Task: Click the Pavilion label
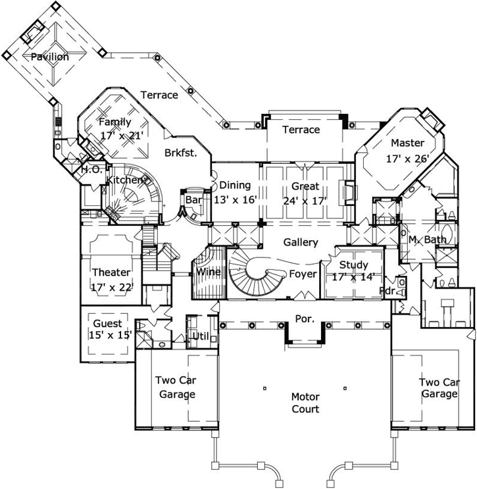pos(50,57)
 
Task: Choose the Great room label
pos(305,186)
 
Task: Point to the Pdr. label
pos(388,290)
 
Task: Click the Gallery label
pos(301,242)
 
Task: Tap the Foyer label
pos(303,274)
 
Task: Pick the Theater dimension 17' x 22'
pos(111,286)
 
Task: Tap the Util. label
pos(199,337)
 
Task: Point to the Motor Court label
pos(305,403)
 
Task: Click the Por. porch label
pos(304,318)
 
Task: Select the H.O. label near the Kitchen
pos(90,169)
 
